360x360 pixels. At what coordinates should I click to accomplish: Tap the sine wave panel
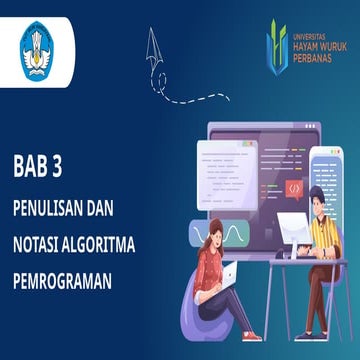235,235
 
